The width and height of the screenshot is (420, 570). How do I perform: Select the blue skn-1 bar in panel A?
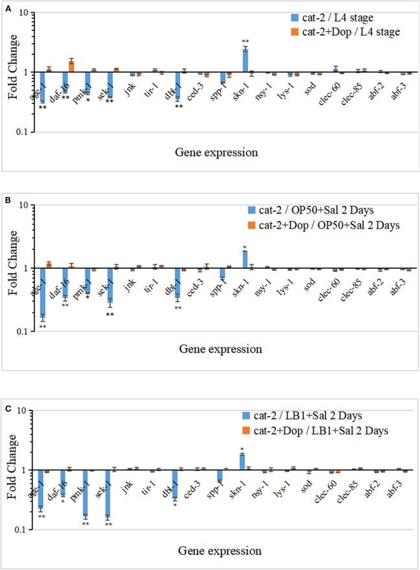point(246,60)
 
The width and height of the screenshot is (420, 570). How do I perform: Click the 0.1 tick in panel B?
point(25,332)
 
